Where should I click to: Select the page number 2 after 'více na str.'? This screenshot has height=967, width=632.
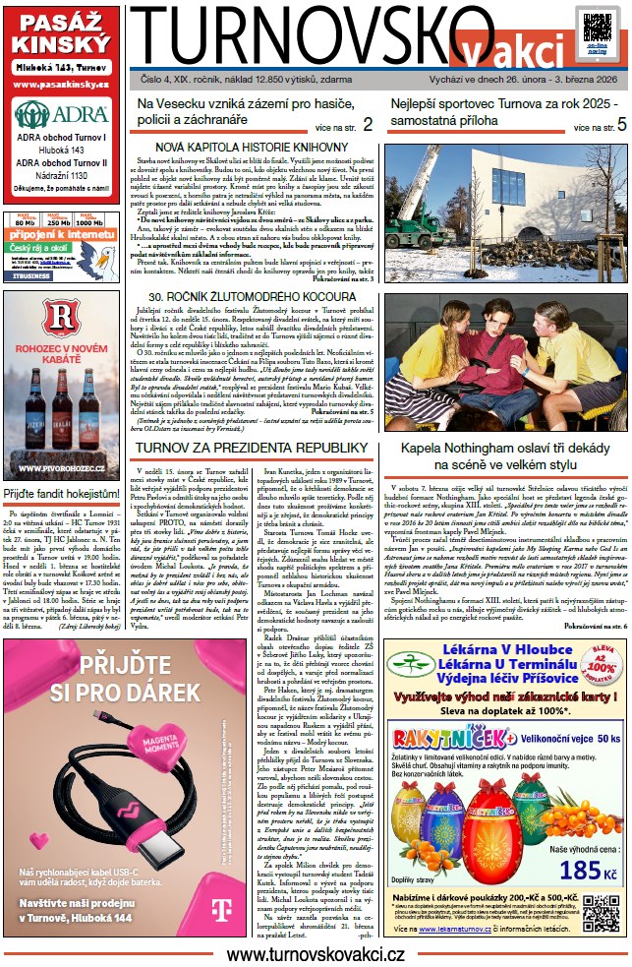coord(368,125)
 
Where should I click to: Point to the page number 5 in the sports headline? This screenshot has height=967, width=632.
coord(621,125)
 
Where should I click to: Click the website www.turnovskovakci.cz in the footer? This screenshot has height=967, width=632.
coord(316,953)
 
